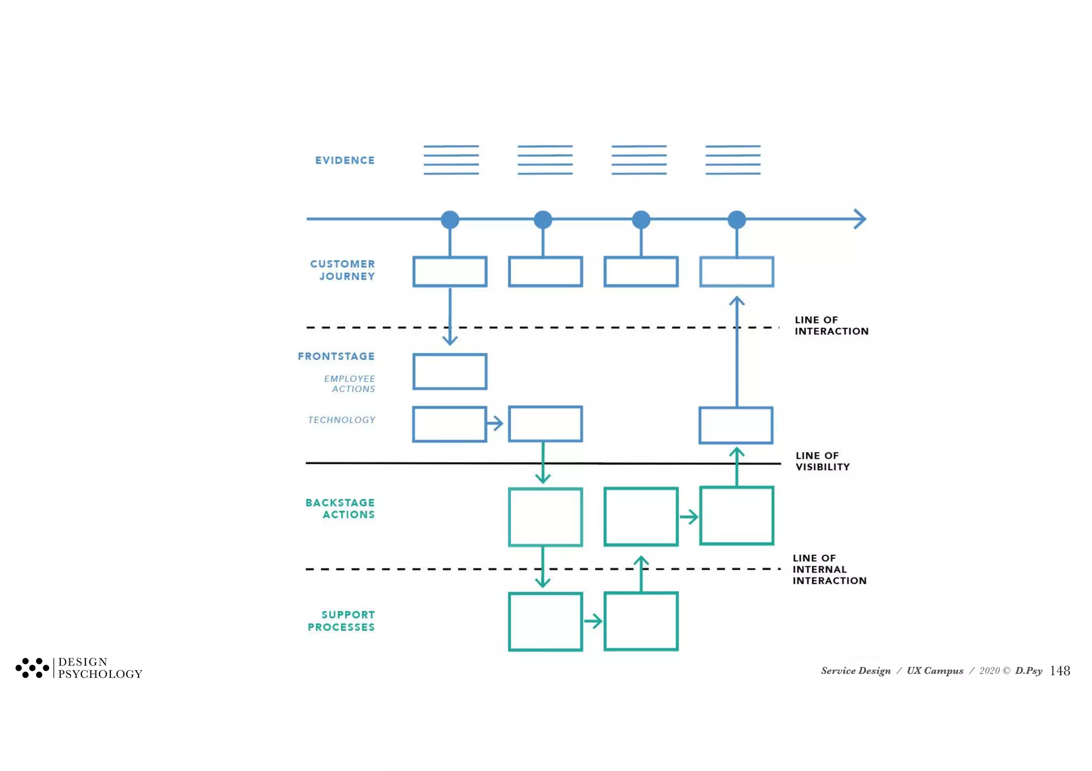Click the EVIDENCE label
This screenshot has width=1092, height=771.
click(344, 160)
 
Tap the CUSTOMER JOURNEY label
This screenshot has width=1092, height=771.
click(342, 270)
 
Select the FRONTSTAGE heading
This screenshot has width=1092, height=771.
click(336, 356)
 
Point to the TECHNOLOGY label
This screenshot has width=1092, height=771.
click(341, 420)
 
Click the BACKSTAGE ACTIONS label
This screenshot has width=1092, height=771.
click(340, 509)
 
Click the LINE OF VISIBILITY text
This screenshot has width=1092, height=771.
click(822, 461)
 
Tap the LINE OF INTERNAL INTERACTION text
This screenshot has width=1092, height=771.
click(829, 570)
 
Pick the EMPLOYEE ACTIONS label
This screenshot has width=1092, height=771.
click(349, 384)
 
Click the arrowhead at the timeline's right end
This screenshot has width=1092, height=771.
click(860, 219)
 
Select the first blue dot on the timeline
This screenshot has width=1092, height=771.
click(450, 220)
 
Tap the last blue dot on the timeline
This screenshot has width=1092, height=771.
click(736, 220)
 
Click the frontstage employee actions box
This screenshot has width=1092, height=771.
click(449, 371)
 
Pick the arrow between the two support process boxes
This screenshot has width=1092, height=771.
click(593, 621)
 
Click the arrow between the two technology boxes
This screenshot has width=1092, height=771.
click(495, 424)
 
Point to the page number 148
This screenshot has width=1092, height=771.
click(1059, 671)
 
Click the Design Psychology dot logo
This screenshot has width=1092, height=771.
click(32, 668)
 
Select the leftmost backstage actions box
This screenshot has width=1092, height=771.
click(545, 517)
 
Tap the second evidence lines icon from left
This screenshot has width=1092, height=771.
click(545, 160)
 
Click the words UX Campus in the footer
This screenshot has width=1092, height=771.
click(935, 671)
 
